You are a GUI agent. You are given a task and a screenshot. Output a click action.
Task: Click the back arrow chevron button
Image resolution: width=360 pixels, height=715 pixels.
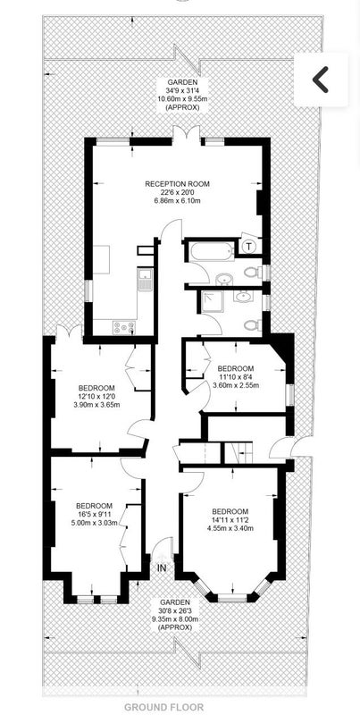point(321,80)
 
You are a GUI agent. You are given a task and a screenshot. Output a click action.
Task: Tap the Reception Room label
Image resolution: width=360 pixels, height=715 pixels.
point(177,184)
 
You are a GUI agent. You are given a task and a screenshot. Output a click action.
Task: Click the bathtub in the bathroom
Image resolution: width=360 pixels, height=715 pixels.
point(210,251)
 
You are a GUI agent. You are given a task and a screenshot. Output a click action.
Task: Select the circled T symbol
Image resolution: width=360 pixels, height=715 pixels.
point(248,247)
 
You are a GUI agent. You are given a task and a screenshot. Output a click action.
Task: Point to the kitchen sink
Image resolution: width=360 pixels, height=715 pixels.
point(146,279)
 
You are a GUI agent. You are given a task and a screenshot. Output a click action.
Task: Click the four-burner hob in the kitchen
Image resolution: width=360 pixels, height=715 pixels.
point(124,327)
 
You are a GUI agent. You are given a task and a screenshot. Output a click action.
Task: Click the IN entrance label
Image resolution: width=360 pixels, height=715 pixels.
point(163,568)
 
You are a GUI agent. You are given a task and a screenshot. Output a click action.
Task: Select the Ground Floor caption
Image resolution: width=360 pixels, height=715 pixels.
point(164,707)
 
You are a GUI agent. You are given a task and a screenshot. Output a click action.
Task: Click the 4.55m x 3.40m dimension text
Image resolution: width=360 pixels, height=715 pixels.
point(230,529)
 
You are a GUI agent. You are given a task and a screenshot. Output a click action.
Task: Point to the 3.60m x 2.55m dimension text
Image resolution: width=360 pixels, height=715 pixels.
point(236,385)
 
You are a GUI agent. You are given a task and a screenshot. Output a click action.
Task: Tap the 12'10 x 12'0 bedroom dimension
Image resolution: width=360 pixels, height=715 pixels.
point(96,396)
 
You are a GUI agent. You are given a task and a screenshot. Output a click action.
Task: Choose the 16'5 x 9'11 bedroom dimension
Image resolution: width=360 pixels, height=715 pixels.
point(95,514)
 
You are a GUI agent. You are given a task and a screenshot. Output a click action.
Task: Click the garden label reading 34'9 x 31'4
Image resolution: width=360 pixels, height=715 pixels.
point(182,90)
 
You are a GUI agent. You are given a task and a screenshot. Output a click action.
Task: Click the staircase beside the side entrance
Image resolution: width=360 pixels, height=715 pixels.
point(239,453)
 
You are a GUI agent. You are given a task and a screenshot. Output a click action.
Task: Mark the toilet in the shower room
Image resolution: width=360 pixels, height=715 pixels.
point(253,325)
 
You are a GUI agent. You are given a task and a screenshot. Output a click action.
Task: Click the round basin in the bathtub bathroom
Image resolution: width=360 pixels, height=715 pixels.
point(223,279)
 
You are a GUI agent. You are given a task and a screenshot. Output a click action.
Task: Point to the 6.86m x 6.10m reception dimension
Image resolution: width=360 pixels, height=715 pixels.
point(177,200)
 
